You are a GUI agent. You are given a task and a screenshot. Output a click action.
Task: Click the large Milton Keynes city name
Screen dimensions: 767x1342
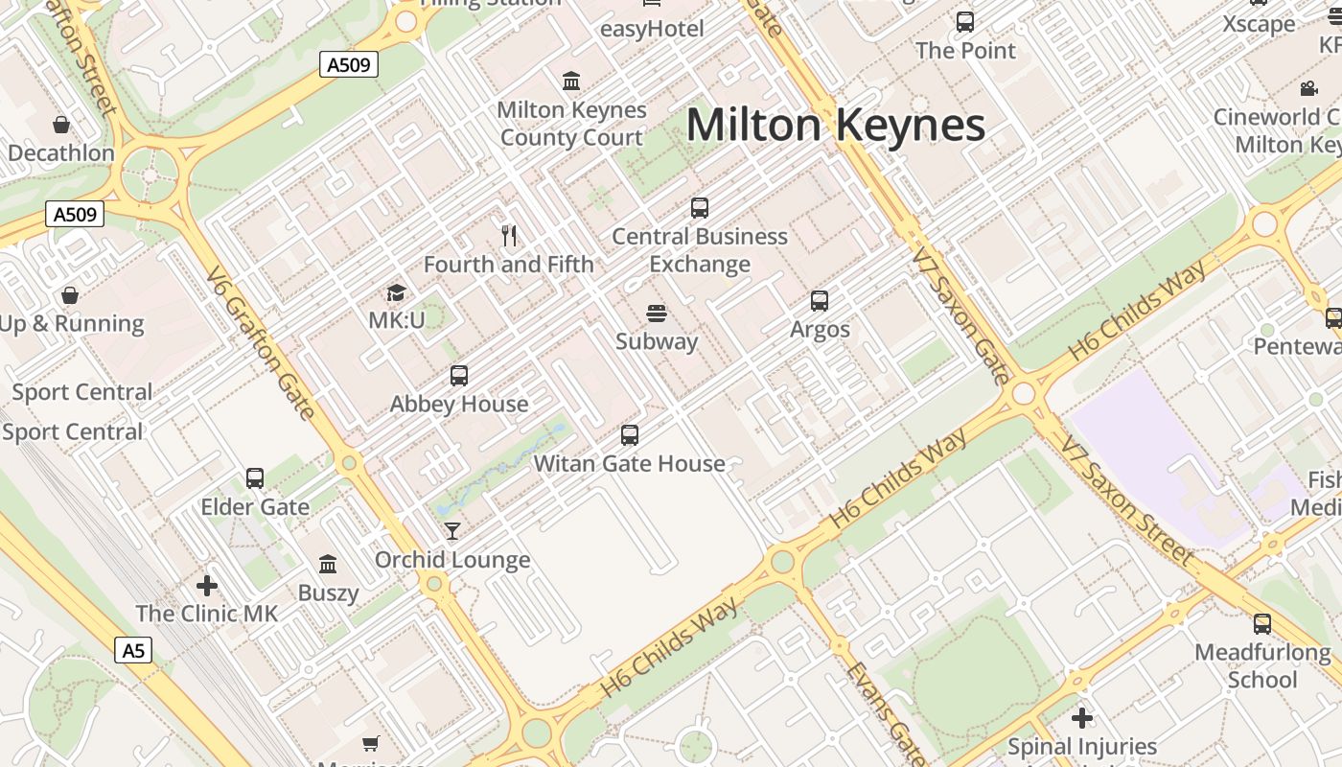pos(836,126)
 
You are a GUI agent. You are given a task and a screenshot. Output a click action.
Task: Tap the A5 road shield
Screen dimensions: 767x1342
pos(133,651)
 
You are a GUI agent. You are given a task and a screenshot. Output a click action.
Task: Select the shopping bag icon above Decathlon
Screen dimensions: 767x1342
pos(61,125)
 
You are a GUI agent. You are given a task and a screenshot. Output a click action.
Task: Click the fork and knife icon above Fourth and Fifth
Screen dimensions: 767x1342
pos(509,235)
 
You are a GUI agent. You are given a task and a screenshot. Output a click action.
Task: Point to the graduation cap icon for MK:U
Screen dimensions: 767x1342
pos(396,292)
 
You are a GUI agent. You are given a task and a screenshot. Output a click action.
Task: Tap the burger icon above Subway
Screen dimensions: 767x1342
pos(657,313)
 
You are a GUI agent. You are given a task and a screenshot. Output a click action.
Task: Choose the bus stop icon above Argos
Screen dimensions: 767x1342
pos(820,301)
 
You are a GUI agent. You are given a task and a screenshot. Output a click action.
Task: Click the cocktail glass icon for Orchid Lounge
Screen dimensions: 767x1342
pos(452,530)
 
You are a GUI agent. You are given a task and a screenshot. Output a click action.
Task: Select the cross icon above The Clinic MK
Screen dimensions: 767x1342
pos(206,585)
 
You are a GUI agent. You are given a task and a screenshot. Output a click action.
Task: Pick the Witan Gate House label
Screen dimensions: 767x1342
pos(629,464)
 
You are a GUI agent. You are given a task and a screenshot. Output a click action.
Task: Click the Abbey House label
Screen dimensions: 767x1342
pos(459,404)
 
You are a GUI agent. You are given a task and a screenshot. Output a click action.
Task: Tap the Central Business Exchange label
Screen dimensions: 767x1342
pos(700,250)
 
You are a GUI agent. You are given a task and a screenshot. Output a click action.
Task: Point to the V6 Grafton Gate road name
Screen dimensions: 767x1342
pos(260,343)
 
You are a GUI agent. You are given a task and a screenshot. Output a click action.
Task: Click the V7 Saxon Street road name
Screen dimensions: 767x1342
pos(1127,500)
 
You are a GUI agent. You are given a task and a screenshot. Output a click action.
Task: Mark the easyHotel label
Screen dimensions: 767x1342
pos(652,29)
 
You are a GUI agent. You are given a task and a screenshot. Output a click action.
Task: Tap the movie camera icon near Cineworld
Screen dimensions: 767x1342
pos(1308,89)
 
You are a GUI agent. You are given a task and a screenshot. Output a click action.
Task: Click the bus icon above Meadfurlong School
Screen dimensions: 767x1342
pos(1262,624)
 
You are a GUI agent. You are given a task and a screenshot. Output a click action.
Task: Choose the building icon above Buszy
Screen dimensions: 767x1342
pos(328,564)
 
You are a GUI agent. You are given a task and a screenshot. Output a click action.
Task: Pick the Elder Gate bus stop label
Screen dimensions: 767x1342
pos(255,507)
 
